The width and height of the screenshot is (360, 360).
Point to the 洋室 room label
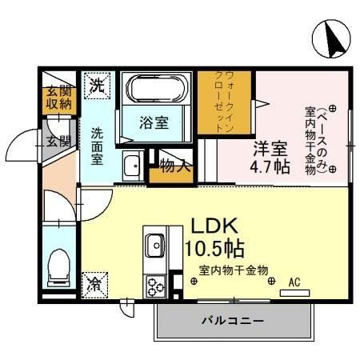[x=271, y=149]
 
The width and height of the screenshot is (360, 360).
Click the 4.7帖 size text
[x=271, y=167]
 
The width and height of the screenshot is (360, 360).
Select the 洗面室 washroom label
[x=97, y=146]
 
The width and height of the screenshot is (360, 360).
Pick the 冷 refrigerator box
[x=94, y=282]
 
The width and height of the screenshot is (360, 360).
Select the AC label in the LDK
[x=294, y=282]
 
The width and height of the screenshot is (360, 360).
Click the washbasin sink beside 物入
[x=131, y=166]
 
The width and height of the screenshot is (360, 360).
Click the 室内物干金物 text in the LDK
[x=234, y=270]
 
